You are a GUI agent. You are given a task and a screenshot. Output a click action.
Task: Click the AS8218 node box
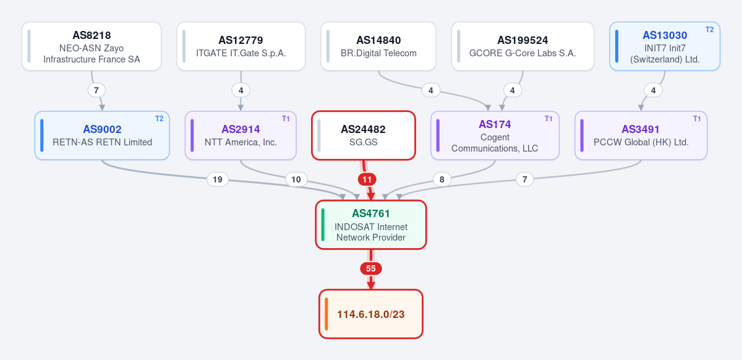click(x=92, y=46)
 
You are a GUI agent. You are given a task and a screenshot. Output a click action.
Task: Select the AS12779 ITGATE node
click(x=241, y=46)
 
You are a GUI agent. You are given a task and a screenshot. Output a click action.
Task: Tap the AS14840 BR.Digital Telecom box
click(x=378, y=46)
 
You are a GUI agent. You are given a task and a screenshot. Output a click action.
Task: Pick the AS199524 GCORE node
click(x=522, y=46)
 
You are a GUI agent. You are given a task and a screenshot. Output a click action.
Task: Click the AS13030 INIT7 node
click(x=665, y=46)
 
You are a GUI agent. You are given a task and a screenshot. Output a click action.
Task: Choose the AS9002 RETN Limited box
click(x=102, y=135)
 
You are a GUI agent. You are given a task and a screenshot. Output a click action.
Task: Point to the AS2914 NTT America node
click(x=241, y=135)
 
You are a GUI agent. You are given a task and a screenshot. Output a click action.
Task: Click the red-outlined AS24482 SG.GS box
click(x=364, y=135)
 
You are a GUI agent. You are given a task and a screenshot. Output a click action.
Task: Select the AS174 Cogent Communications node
click(x=495, y=135)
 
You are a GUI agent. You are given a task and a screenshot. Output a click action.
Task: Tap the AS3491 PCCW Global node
click(x=641, y=135)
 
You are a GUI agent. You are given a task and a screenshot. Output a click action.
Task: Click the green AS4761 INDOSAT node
click(x=370, y=225)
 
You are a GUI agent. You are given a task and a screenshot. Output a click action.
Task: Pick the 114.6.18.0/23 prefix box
click(x=370, y=314)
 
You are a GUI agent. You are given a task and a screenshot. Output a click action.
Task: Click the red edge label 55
click(x=370, y=268)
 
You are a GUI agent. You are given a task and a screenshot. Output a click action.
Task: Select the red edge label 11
click(x=367, y=179)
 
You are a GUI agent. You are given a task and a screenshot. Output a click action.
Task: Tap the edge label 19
click(x=218, y=179)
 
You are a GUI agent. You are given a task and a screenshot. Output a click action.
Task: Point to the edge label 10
click(x=296, y=179)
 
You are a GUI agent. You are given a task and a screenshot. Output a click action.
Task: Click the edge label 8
click(x=442, y=179)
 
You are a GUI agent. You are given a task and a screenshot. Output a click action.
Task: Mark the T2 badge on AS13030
click(x=710, y=30)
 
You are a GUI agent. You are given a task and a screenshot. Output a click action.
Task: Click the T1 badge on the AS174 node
click(x=548, y=118)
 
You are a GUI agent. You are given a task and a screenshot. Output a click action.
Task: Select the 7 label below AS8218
click(x=96, y=90)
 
